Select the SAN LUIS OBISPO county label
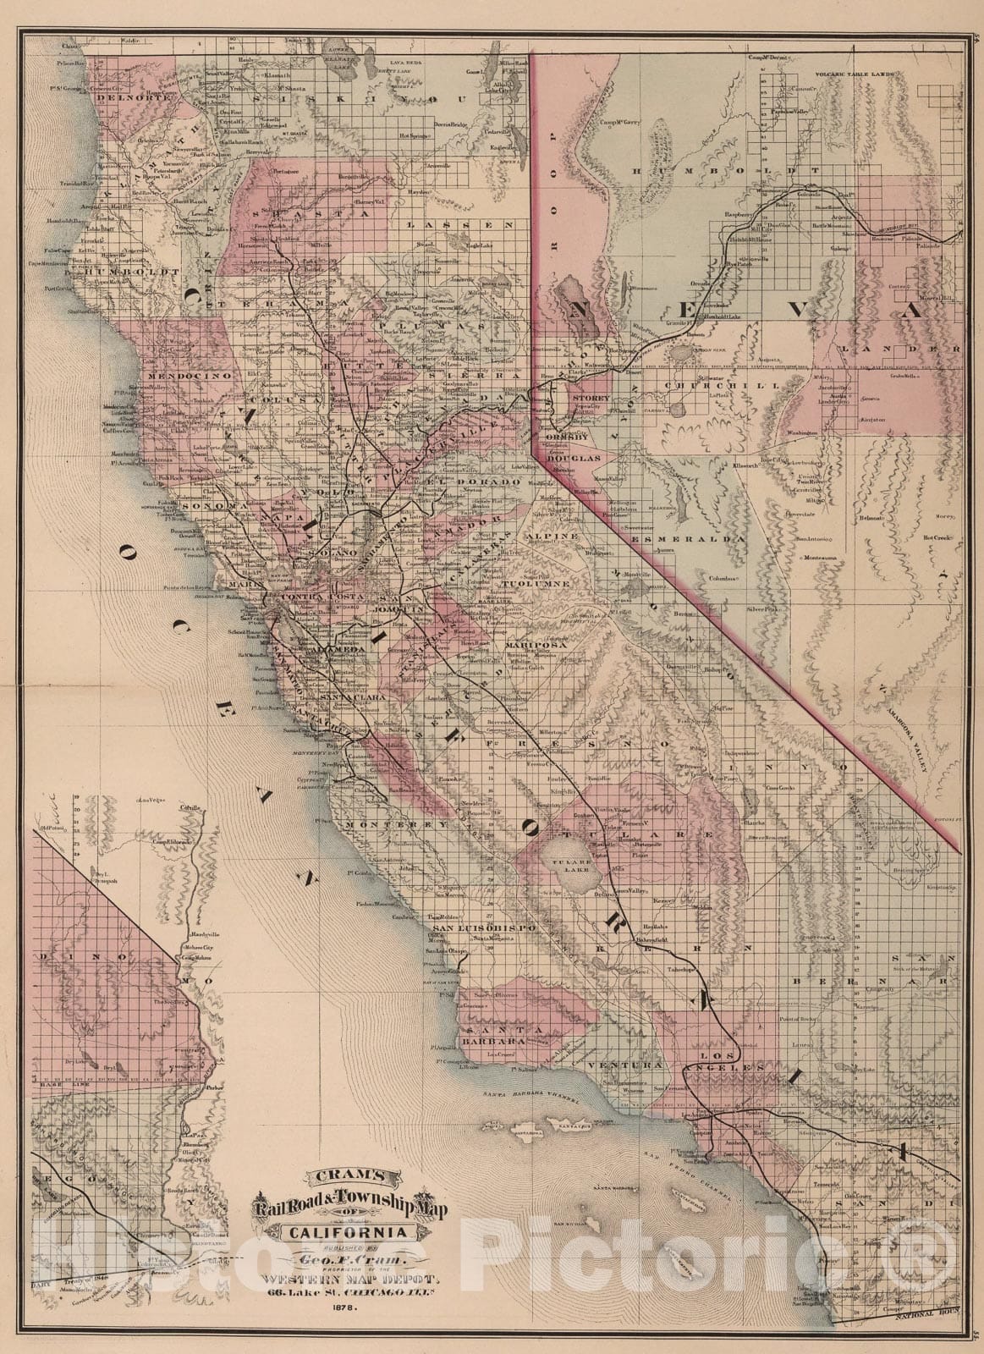click(x=481, y=927)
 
